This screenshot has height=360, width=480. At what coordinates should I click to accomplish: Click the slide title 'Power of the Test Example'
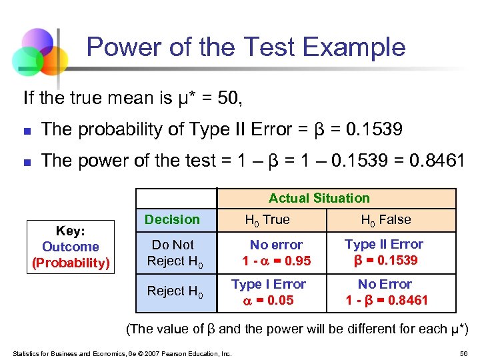point(245,47)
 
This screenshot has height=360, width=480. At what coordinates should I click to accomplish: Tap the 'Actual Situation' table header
point(319,198)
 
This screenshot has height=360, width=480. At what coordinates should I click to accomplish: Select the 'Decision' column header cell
point(172,219)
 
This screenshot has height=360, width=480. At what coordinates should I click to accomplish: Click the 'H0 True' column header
point(267,219)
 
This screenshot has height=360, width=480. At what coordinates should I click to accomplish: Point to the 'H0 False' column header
point(386,219)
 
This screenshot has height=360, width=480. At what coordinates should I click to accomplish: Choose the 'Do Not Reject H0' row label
point(173,253)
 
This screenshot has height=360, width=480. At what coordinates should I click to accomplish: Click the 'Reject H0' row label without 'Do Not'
point(175,291)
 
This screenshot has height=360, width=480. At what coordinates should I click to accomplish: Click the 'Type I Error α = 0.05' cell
point(269,292)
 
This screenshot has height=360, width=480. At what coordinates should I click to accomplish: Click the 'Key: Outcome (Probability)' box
point(70,247)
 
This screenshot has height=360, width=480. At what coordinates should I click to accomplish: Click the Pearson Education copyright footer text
point(121,353)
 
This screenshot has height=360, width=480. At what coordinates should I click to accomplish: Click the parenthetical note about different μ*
point(297,329)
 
